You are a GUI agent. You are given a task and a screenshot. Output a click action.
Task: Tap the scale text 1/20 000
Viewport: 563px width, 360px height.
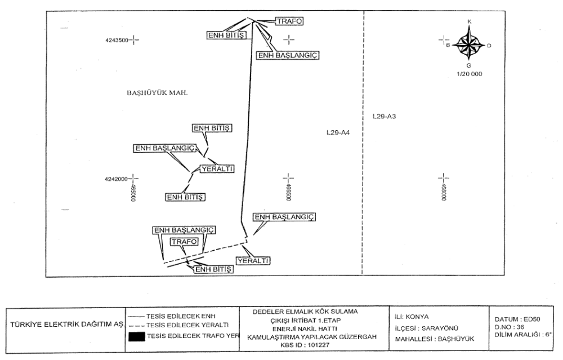click(469, 74)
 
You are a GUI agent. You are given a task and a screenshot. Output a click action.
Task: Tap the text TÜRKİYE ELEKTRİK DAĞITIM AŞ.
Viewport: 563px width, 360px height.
click(65, 326)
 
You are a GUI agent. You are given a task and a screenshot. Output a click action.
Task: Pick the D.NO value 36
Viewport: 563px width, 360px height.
click(517, 327)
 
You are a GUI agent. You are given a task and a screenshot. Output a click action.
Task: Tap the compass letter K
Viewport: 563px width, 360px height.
click(470, 21)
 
